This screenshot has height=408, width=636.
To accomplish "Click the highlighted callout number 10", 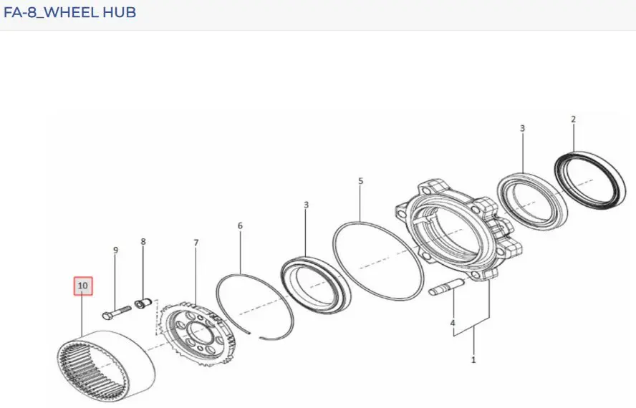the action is click(83, 286).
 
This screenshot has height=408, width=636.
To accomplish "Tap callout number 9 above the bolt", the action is click(115, 251).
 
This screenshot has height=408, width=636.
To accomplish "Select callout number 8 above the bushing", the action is click(143, 242).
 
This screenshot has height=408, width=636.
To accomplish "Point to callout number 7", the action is click(196, 243).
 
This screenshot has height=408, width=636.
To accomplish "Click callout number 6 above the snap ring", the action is click(240, 226).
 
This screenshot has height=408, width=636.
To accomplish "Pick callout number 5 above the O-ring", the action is click(360, 181).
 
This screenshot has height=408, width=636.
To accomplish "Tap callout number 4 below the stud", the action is click(453, 324).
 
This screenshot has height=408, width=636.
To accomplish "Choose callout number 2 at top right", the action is click(573, 120).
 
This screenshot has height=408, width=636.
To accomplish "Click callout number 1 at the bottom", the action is click(473, 360).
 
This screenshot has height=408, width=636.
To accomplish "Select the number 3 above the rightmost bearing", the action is click(522, 129).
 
